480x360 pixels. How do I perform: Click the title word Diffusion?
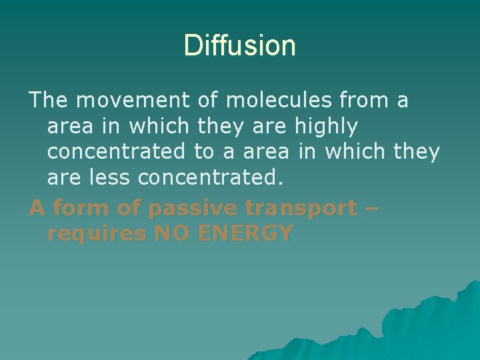tap(239, 46)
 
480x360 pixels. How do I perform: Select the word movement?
tap(133, 101)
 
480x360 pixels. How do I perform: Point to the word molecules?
tap(279, 101)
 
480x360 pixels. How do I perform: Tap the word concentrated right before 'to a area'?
tap(116, 152)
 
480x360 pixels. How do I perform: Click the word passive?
tap(193, 209)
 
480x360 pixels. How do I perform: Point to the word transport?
tap(301, 209)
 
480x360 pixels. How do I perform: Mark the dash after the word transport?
tap(372, 209)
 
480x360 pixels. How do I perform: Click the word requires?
tap(98, 233)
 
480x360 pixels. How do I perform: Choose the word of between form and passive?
tap(126, 209)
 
